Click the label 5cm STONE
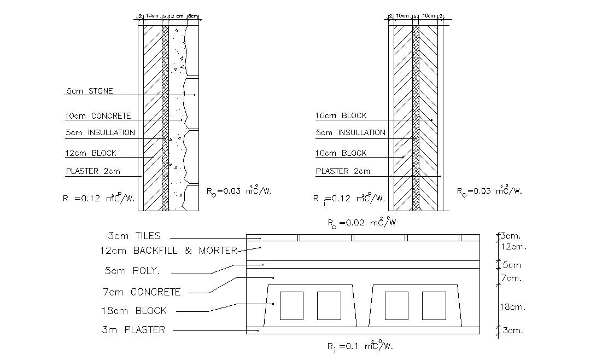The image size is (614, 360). (89, 91)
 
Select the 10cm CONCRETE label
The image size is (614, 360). (98, 116)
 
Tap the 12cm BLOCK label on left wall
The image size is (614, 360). (91, 153)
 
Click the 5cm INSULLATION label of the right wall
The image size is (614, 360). (350, 132)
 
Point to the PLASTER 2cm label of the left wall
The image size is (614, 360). (93, 171)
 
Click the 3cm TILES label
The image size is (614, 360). (134, 236)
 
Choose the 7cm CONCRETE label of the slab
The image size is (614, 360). (141, 292)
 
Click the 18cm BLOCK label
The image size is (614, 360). (135, 311)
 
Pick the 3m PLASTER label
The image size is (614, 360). (133, 330)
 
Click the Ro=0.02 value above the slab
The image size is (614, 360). (361, 223)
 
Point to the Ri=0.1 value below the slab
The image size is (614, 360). (360, 346)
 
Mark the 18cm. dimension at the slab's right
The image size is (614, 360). (513, 307)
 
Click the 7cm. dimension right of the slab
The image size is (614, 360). (512, 278)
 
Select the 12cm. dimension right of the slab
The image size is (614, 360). (513, 247)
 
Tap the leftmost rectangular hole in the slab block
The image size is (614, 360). (291, 305)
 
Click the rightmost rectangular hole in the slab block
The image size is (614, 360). (434, 305)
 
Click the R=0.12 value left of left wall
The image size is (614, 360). (98, 198)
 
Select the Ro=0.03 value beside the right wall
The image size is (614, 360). (489, 191)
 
